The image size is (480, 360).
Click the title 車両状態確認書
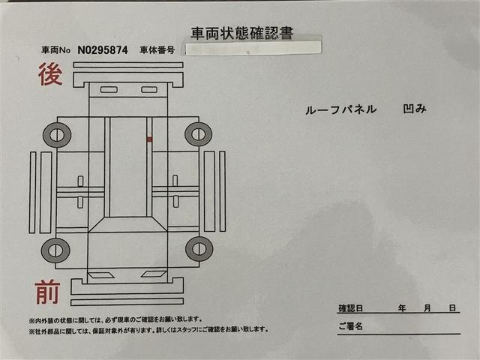(241, 32)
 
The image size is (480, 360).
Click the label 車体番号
(157, 49)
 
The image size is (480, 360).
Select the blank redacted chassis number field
(253, 48)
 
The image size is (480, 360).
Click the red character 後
(49, 75)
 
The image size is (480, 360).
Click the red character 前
(46, 291)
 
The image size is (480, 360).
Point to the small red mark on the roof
(149, 139)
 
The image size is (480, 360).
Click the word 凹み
(414, 109)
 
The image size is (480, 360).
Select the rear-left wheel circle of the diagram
(57, 135)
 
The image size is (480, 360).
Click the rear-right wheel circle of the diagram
(198, 134)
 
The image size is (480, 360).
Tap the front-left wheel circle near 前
(55, 249)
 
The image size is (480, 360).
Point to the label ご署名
(350, 326)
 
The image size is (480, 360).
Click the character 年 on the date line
(402, 308)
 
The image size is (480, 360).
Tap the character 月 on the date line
(427, 308)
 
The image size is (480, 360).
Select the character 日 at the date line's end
(452, 308)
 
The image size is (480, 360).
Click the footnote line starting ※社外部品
(148, 330)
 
